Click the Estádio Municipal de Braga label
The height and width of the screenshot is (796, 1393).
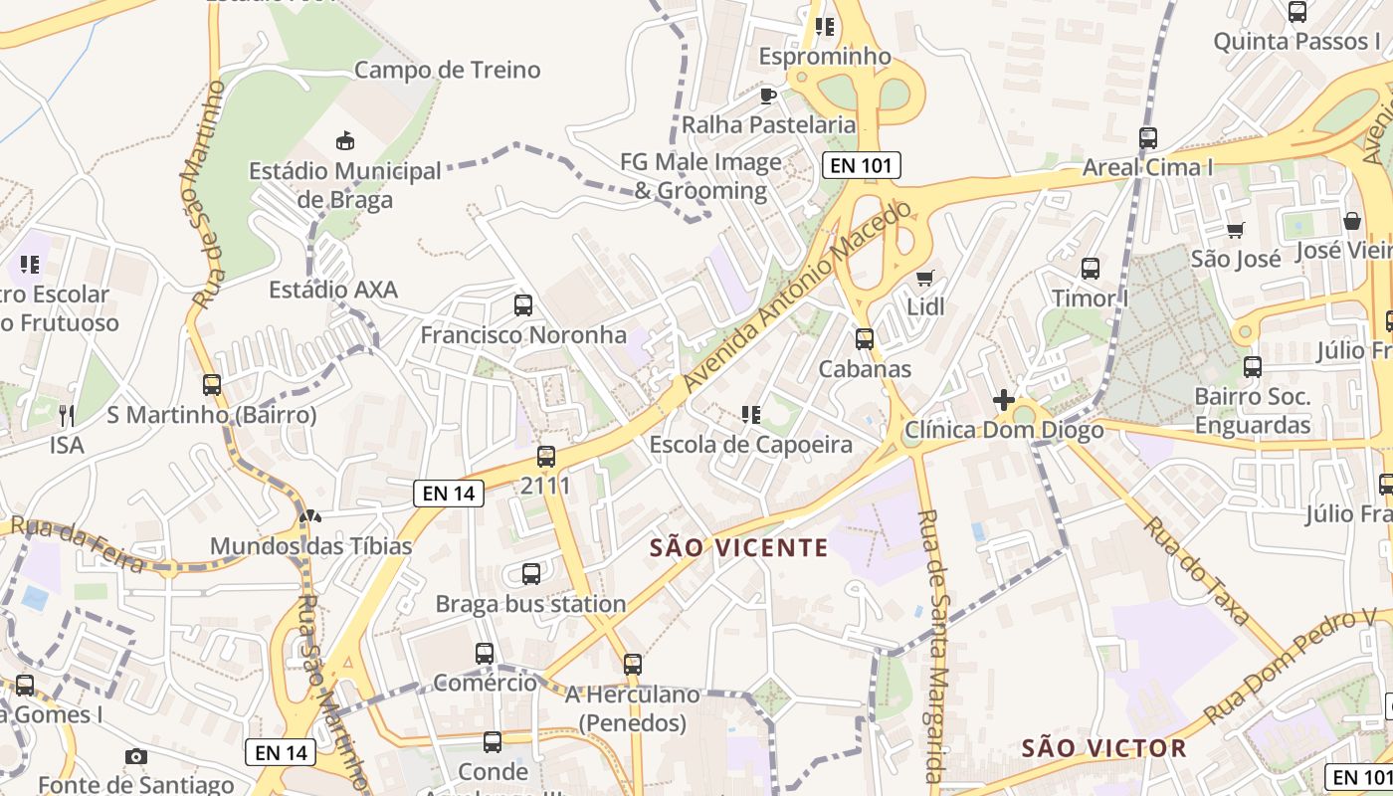[x=344, y=185]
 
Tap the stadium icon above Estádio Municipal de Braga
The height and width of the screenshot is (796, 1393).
[x=344, y=140]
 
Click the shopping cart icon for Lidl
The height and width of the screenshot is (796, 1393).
[x=924, y=278]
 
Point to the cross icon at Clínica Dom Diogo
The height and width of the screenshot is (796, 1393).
[x=1003, y=400]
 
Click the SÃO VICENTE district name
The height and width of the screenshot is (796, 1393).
[x=738, y=547]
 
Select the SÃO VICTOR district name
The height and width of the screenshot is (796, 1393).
[x=1104, y=748]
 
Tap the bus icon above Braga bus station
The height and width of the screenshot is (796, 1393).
[x=531, y=573]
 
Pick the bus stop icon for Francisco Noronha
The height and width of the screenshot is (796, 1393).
[x=522, y=304]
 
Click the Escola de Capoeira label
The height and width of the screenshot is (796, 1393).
[x=750, y=445]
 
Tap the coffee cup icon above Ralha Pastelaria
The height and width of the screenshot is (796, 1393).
[x=767, y=96]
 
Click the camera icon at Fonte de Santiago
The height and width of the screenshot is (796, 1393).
[x=136, y=756]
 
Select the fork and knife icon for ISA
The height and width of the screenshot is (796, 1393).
[x=67, y=415]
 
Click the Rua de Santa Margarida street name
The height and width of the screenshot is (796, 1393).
[x=932, y=647]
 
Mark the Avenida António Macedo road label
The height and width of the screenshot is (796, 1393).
[x=796, y=298]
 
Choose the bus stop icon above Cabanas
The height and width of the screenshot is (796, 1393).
[x=864, y=338]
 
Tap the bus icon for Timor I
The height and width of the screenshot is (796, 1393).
[x=1091, y=268]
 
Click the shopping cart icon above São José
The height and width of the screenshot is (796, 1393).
[x=1235, y=230]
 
